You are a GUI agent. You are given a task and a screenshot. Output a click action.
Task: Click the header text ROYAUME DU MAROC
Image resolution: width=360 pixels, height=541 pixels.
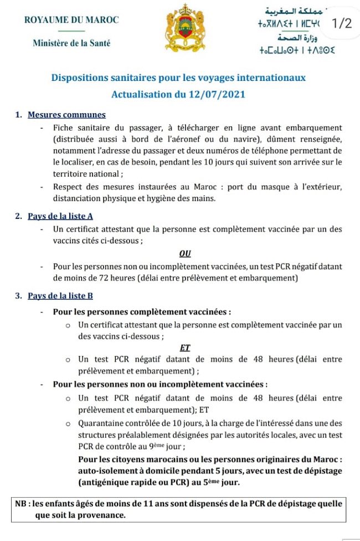pyautogui.click(x=71, y=20)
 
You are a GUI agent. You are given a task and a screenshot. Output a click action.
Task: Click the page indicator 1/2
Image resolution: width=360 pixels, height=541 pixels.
pyautogui.click(x=340, y=23)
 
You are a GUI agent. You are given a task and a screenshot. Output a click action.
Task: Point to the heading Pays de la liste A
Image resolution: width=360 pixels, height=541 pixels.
pyautogui.click(x=64, y=216)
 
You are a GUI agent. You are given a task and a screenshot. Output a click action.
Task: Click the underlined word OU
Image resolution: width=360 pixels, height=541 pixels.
pyautogui.click(x=185, y=253)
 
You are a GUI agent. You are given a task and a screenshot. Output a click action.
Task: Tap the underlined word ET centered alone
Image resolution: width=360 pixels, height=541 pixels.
pyautogui.click(x=185, y=348)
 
